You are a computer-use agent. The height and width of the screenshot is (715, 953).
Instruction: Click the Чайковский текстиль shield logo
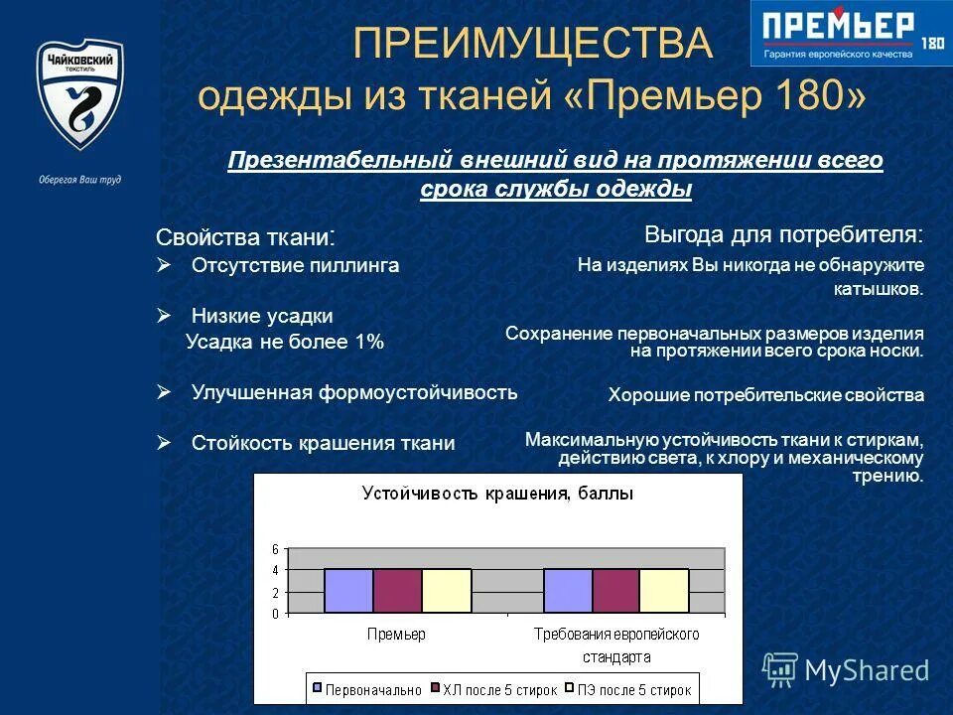80,95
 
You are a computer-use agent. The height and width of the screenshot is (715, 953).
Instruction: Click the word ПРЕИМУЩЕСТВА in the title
533,45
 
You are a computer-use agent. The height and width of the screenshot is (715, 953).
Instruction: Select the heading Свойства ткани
244,237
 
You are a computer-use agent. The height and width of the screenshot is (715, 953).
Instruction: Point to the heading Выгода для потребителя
783,234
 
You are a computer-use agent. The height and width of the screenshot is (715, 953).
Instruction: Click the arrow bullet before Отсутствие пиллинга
165,265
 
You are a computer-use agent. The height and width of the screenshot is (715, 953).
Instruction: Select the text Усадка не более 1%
284,342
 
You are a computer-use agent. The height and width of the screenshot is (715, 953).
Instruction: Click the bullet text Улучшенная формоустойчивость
353,391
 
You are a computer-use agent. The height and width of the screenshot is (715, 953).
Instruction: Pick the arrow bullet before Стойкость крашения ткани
165,443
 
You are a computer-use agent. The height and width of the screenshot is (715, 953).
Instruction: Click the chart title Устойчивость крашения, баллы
497,493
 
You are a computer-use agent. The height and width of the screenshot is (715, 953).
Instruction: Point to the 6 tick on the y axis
275,548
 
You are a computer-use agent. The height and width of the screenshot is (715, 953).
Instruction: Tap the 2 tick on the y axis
275,592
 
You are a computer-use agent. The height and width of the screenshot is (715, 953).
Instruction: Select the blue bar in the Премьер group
348,591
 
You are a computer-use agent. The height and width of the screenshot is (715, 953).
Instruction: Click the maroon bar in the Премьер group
397,591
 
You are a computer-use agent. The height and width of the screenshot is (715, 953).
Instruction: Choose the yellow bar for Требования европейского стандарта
663,591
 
